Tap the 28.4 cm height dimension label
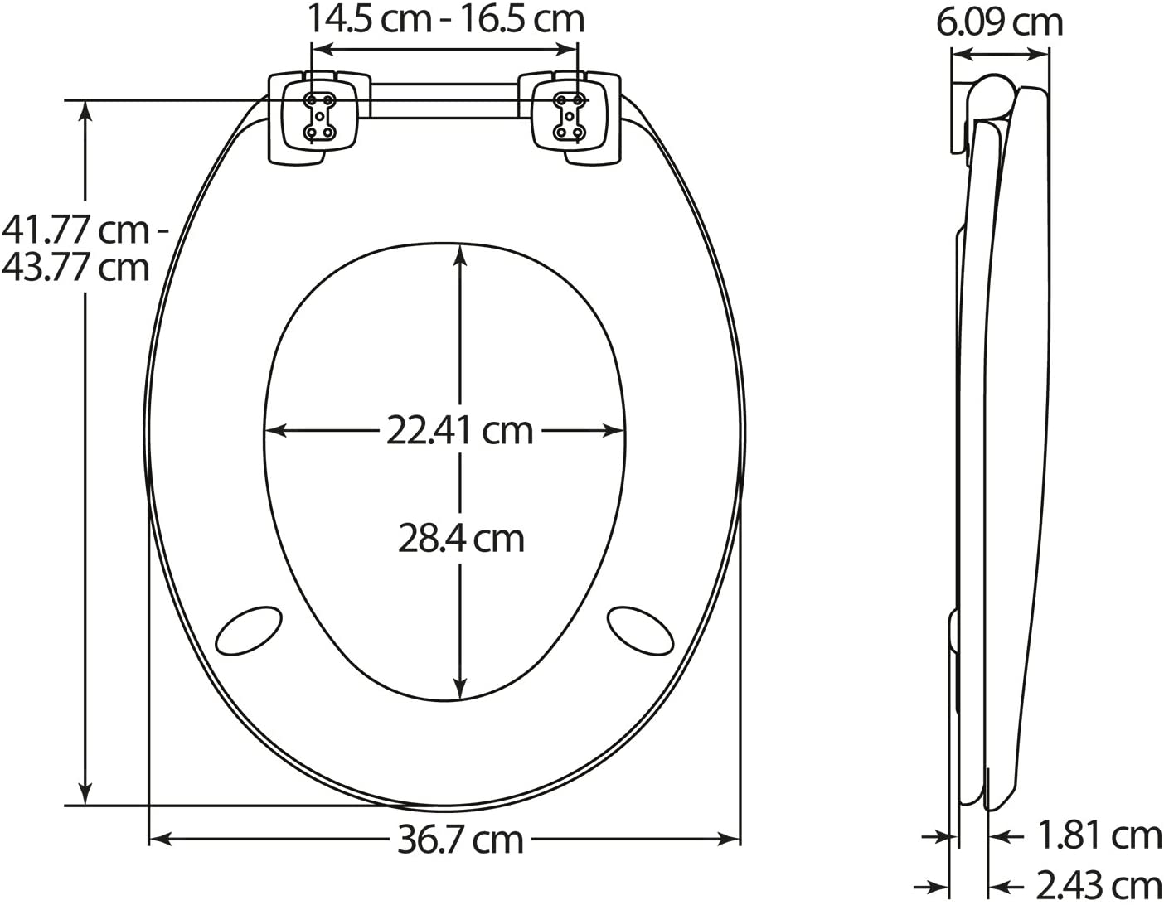tap(461, 539)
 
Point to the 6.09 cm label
tap(1000, 23)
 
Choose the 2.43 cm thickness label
tap(1099, 886)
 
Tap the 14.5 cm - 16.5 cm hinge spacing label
tap(445, 19)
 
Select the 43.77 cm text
tap(75, 267)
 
